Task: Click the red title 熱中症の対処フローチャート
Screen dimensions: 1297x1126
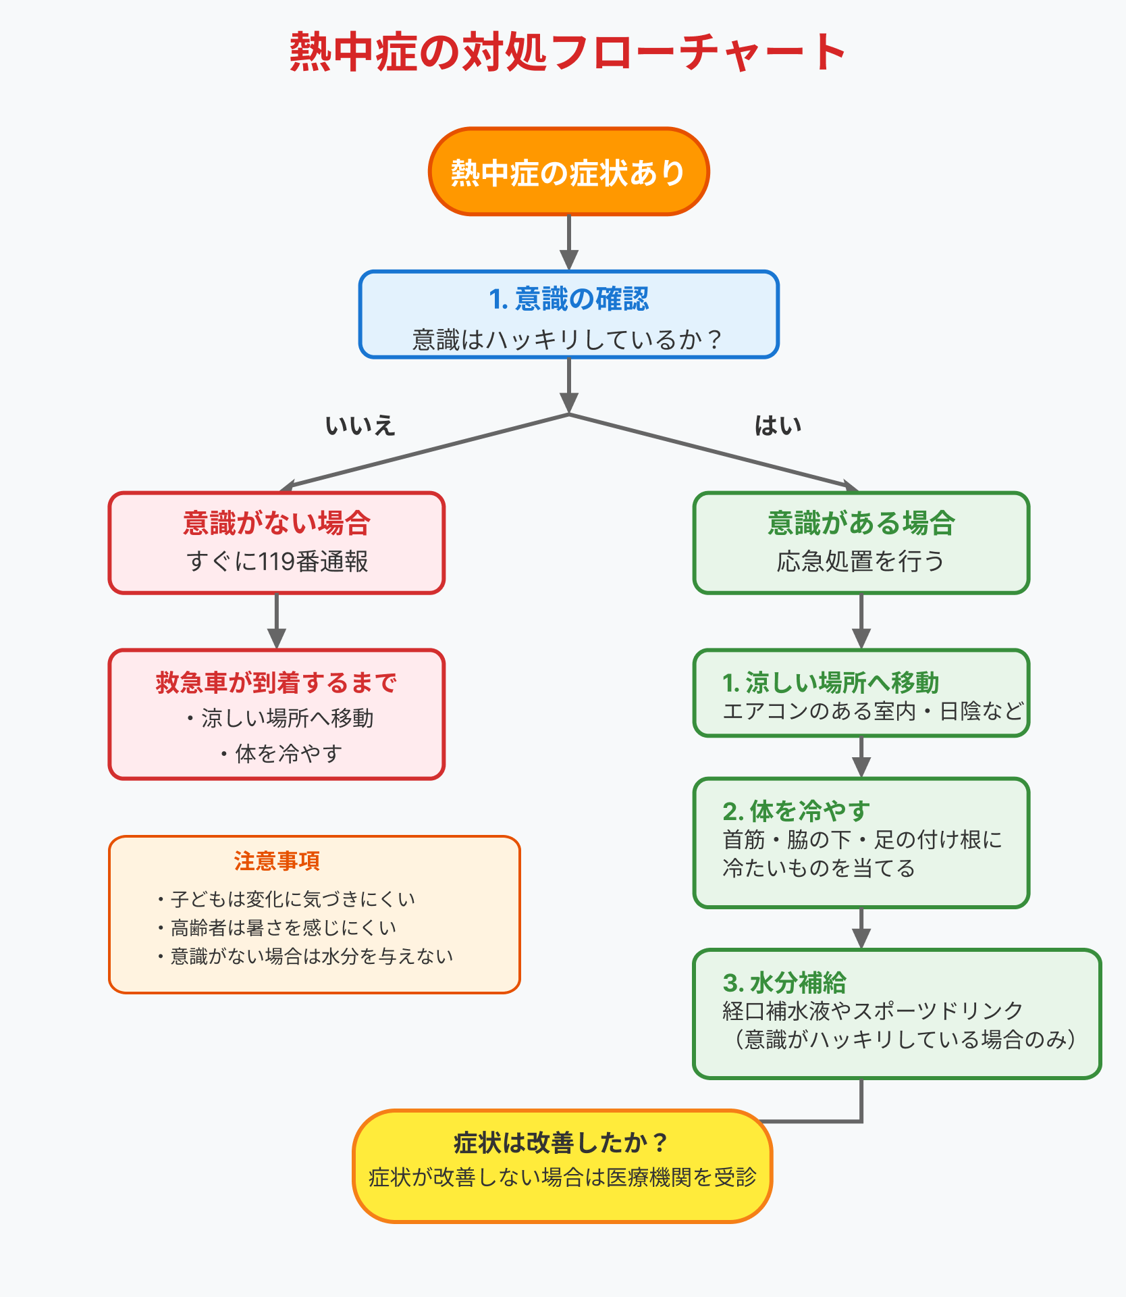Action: coord(567,53)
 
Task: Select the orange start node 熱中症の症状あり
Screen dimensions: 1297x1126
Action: coord(568,173)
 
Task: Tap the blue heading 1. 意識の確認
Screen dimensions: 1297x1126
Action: coord(568,299)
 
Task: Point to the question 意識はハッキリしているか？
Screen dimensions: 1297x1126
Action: coord(568,339)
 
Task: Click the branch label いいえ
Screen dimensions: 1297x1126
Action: coord(360,426)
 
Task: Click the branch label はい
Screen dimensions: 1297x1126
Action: coord(778,426)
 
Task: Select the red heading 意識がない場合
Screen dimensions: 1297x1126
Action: coord(277,524)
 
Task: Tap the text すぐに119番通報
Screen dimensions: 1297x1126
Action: coord(277,561)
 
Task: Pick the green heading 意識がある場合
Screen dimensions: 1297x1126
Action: coord(861,524)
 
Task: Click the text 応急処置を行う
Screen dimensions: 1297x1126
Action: coord(861,561)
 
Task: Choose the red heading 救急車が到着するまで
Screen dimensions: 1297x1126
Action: coord(277,683)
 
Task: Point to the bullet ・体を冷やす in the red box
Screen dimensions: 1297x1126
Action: coord(280,753)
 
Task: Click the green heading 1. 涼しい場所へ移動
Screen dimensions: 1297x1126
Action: coord(830,683)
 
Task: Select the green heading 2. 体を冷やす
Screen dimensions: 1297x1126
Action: coord(796,811)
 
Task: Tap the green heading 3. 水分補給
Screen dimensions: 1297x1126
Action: coord(784,983)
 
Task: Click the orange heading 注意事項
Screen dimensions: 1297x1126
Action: coord(277,861)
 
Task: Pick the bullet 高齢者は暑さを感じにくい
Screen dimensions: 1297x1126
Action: coord(277,928)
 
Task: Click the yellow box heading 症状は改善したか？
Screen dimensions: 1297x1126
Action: coord(562,1143)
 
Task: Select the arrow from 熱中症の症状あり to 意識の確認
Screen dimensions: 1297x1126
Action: coord(569,243)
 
